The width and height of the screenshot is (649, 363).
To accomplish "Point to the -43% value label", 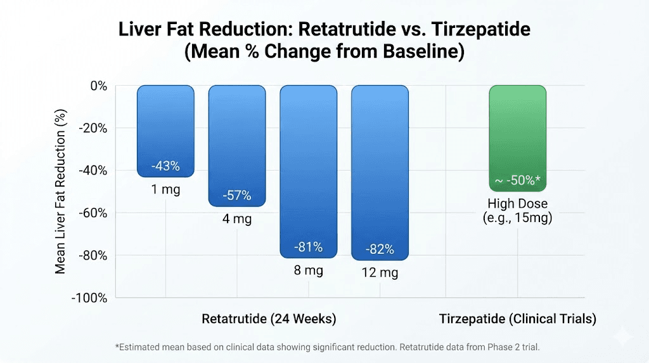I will click(165, 166).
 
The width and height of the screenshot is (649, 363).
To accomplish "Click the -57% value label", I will click(237, 195).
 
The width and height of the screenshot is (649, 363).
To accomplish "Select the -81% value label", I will click(309, 247).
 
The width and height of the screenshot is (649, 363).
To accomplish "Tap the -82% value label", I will click(380, 249).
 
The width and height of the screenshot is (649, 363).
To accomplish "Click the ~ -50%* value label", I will click(517, 180).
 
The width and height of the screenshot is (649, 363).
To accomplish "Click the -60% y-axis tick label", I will click(92, 213).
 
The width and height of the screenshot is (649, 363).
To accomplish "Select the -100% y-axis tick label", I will click(89, 298).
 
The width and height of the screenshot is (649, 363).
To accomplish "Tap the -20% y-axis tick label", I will click(92, 128).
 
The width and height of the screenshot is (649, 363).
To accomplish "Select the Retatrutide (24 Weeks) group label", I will click(269, 319).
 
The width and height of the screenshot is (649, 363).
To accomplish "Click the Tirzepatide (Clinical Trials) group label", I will click(517, 319).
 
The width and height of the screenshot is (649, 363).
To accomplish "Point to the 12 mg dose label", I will click(380, 273).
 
